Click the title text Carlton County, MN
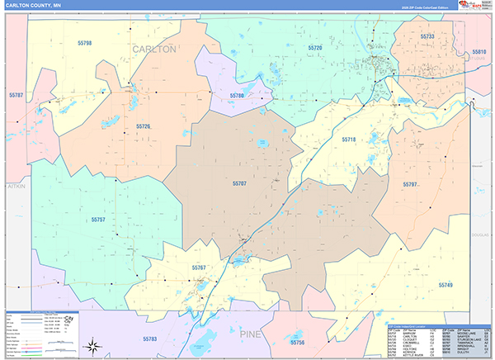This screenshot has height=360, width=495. coord(39,6)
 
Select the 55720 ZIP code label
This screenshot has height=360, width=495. coord(314,49)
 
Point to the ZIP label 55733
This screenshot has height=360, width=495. coord(427,37)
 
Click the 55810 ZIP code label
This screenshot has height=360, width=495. coord(479,52)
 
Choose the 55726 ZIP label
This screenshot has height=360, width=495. coord(143,126)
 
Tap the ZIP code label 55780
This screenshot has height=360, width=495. coord(237,97)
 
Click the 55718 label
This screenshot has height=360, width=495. coord(348,140)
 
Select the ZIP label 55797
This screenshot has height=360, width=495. coord(410,183)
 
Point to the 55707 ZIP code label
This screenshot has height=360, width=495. coord(239,182)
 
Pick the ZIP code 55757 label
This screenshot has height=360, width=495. coord(98,220)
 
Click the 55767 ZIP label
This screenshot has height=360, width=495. coord(199,268)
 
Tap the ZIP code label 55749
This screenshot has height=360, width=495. coord(445,285)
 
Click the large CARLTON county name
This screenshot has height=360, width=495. coord(154,50)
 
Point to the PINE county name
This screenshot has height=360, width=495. coord(252,334)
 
